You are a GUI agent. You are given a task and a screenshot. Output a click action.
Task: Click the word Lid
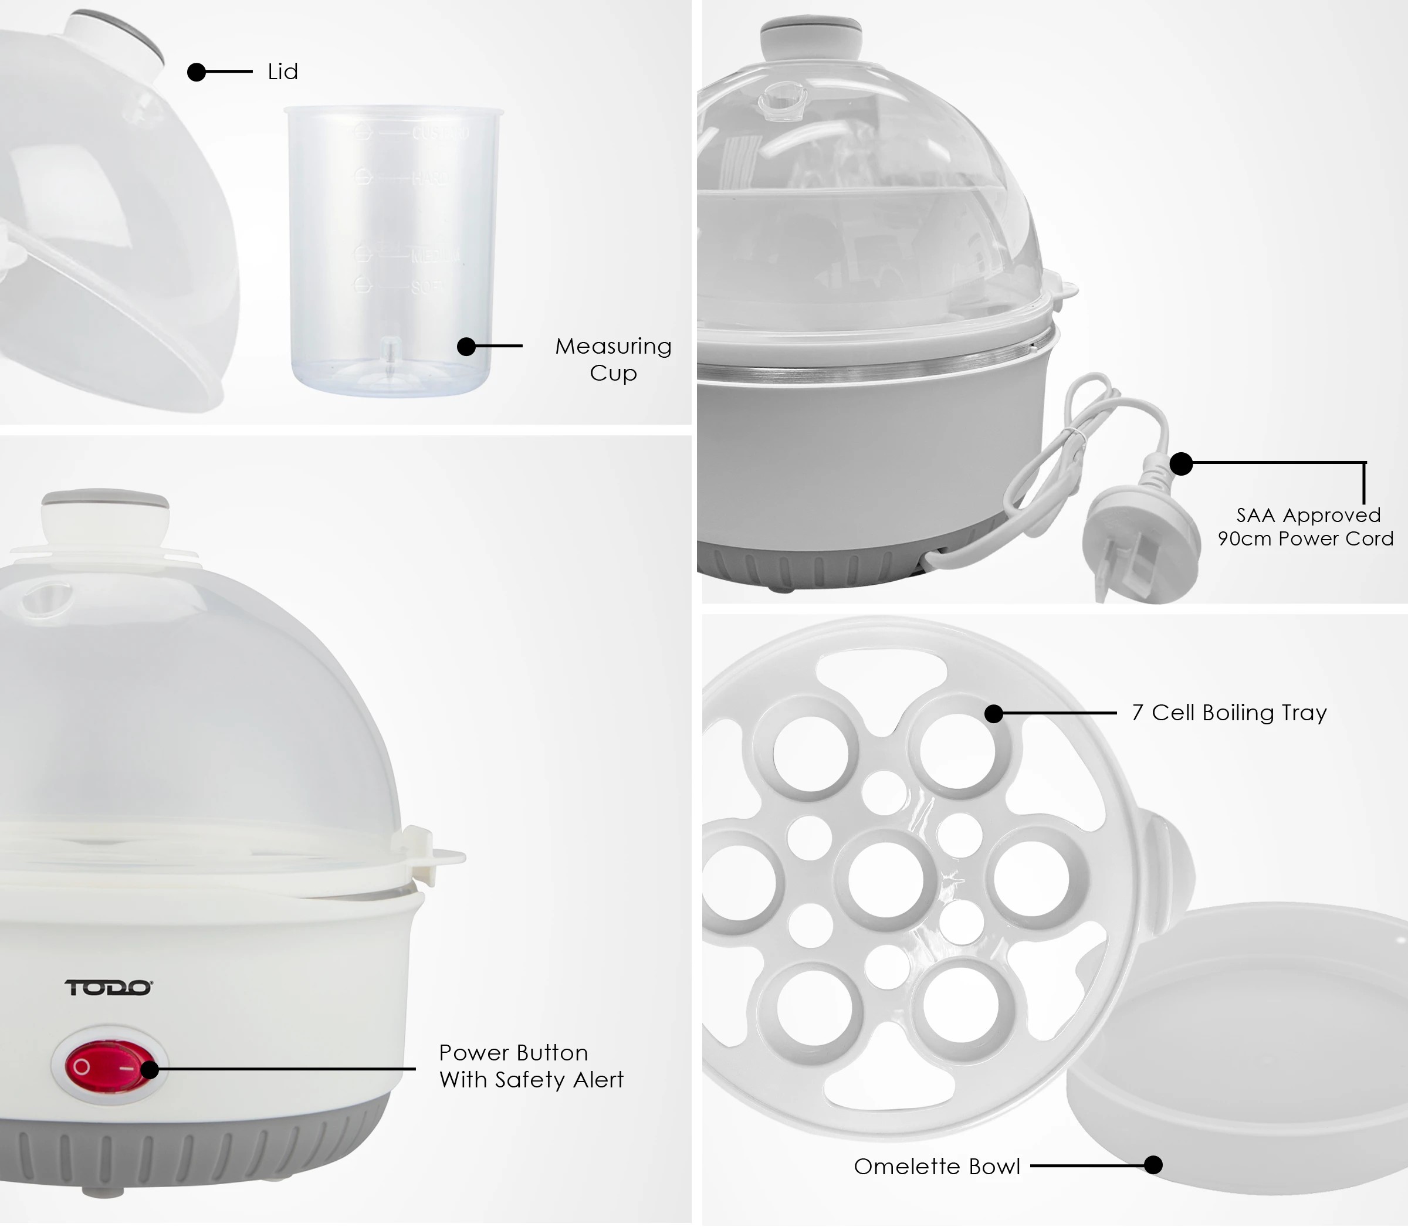pyautogui.click(x=283, y=72)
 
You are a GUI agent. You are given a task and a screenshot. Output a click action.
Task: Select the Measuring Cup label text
pyautogui.click(x=613, y=360)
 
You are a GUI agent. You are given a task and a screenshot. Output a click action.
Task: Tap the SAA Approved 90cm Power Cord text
pyautogui.click(x=1305, y=527)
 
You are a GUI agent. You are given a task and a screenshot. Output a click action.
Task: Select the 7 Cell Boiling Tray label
pyautogui.click(x=1229, y=713)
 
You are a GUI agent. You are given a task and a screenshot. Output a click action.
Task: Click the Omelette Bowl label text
pyautogui.click(x=937, y=1166)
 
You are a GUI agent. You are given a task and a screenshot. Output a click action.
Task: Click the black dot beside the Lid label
pyautogui.click(x=197, y=72)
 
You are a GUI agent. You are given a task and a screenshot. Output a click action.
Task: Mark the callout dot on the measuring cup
pyautogui.click(x=466, y=347)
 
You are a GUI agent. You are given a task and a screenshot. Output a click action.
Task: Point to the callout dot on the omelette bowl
pyautogui.click(x=1153, y=1165)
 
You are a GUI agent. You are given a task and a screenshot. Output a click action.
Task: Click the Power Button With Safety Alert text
pyautogui.click(x=531, y=1066)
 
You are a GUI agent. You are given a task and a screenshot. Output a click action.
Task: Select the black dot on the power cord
pyautogui.click(x=1180, y=463)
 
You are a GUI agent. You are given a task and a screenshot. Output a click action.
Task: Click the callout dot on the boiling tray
pyautogui.click(x=994, y=713)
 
